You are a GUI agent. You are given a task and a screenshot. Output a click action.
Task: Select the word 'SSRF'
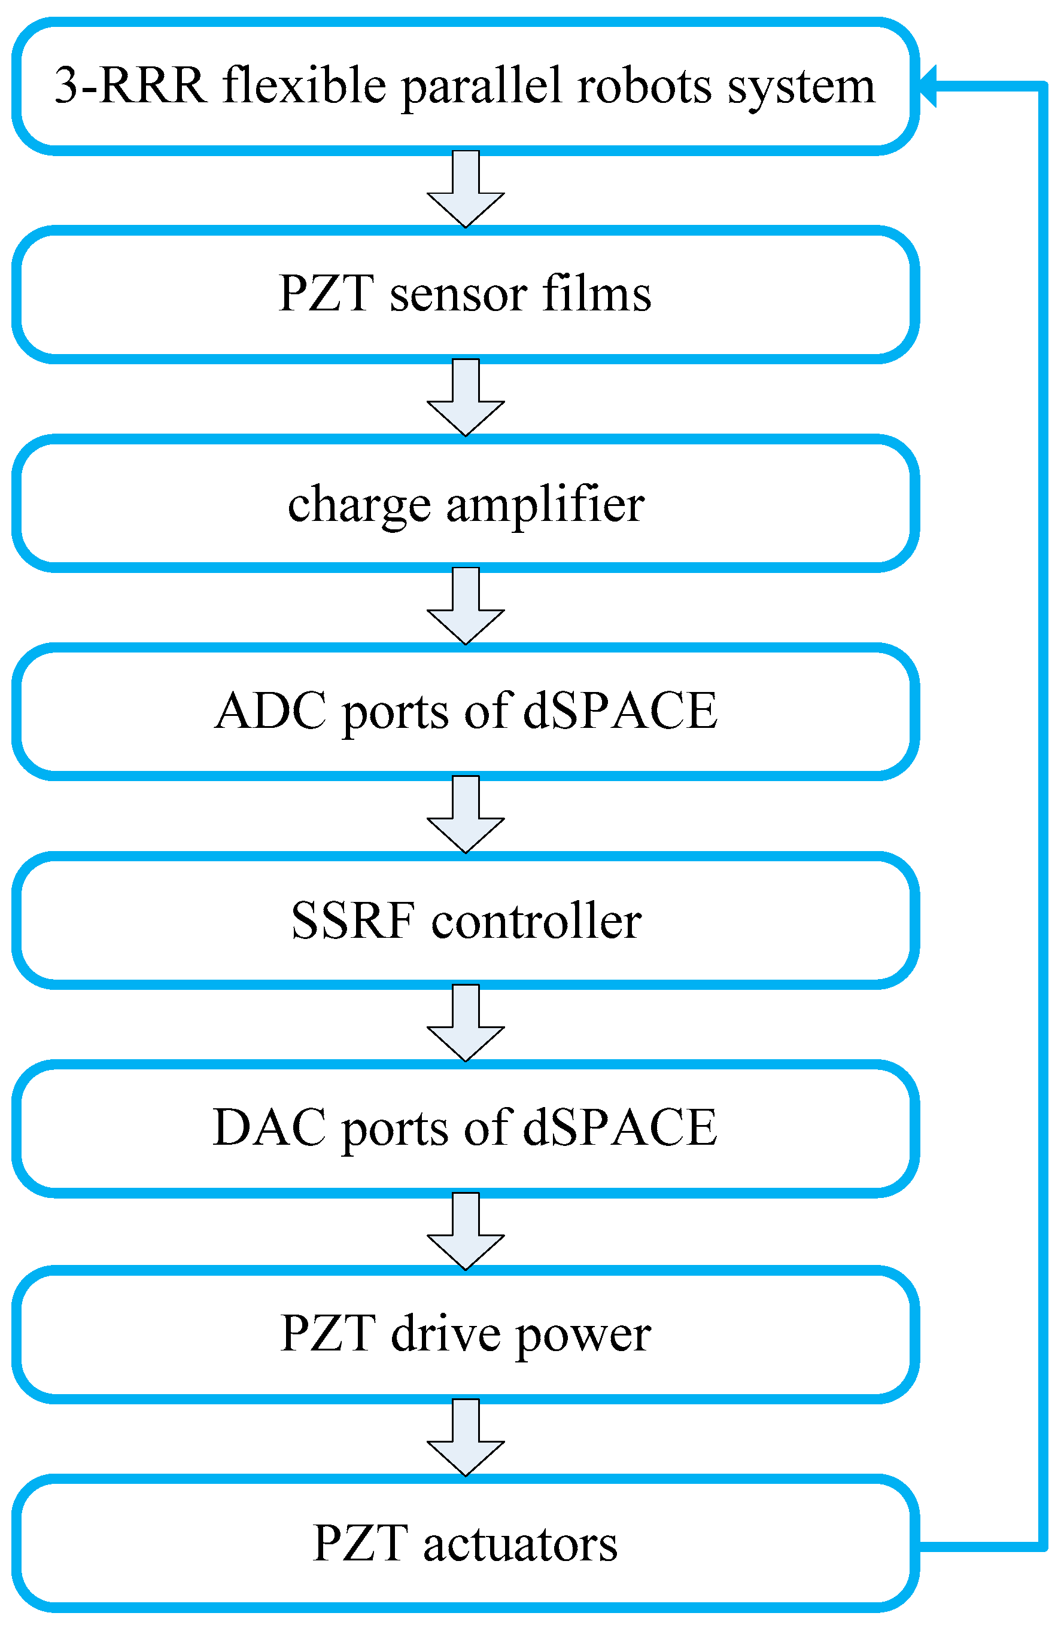tap(352, 920)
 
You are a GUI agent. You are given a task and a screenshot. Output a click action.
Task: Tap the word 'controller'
tap(536, 920)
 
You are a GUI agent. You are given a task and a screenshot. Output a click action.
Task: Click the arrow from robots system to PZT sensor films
tap(466, 191)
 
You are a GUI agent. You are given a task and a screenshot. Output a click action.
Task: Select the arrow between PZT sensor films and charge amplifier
tap(466, 399)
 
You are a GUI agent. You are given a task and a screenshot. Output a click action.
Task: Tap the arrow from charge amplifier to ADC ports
tap(466, 607)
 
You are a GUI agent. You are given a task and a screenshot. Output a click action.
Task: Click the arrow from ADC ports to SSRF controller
tap(466, 815)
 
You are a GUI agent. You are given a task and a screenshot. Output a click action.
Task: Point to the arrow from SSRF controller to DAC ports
tap(466, 1024)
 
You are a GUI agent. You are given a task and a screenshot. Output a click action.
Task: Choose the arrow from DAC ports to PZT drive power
tap(466, 1233)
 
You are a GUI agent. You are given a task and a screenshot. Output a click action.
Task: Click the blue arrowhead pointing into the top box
tap(928, 86)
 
